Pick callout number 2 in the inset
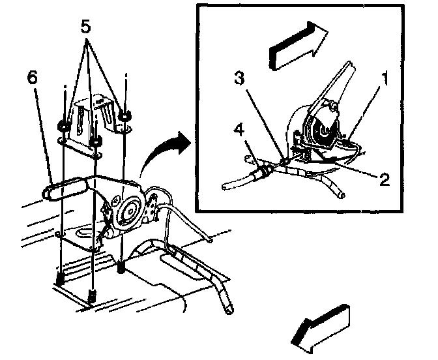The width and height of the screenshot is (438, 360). coord(385,179)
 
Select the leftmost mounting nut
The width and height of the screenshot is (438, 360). coord(63,125)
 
